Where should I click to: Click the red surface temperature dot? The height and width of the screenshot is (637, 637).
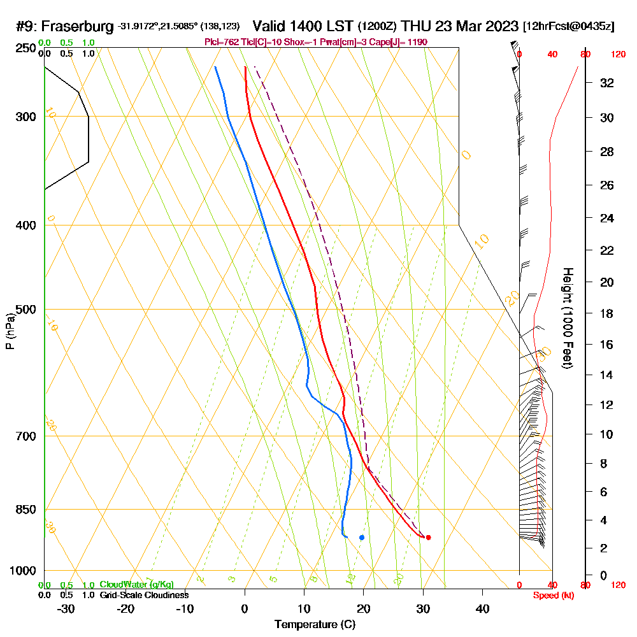coord(428,537)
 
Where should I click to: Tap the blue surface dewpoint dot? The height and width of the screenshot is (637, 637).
coord(362,537)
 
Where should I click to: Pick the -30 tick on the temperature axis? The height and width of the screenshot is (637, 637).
coord(66,609)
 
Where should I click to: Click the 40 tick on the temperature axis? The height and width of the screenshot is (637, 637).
coord(482,609)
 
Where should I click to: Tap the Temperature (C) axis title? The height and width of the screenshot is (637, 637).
coord(315,624)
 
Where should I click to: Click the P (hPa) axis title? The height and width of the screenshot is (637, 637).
coord(10,331)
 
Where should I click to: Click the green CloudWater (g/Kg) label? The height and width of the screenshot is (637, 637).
coord(136,585)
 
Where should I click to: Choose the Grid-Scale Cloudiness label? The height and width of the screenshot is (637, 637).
coord(144,595)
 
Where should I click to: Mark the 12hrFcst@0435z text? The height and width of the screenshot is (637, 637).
coord(568,27)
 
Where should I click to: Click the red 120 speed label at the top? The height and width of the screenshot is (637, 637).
coord(617,55)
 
